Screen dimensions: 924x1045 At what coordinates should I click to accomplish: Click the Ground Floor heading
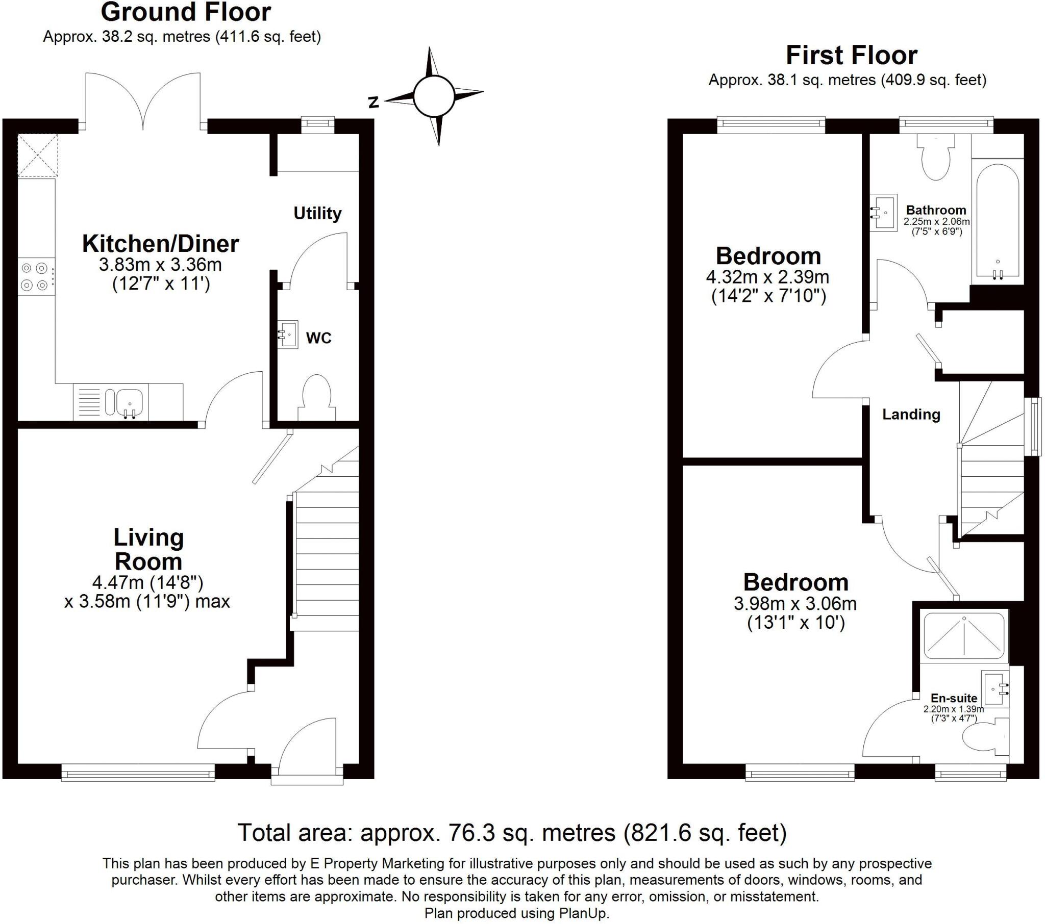click(x=186, y=12)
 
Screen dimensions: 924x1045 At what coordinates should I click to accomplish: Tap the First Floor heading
click(x=851, y=55)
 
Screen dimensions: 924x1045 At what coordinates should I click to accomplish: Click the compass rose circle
click(x=434, y=96)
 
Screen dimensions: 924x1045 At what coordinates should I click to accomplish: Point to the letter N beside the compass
click(x=374, y=102)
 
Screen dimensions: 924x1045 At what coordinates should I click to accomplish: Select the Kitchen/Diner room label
click(x=161, y=244)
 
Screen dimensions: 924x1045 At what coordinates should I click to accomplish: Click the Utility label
click(x=317, y=213)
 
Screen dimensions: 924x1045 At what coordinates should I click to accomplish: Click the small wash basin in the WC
click(x=289, y=335)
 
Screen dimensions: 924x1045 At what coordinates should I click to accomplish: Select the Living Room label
click(x=148, y=549)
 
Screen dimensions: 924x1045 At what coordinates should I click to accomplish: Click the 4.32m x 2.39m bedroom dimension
click(x=767, y=277)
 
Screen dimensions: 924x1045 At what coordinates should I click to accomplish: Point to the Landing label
click(x=911, y=414)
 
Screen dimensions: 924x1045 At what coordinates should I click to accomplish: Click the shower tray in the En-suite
click(x=964, y=636)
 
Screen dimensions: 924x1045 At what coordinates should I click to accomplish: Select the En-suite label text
click(x=954, y=698)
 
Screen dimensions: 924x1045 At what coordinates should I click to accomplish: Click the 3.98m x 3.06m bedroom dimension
click(x=795, y=604)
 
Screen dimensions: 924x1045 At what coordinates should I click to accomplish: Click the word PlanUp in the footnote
click(x=584, y=913)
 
